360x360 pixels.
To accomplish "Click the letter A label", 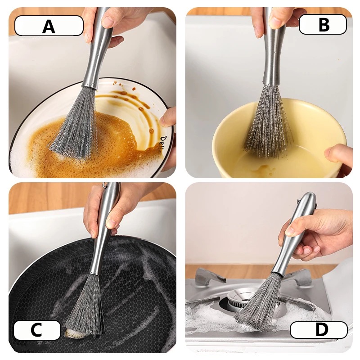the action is click(49, 26).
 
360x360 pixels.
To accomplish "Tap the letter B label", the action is click(323, 24).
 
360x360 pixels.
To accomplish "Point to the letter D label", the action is click(319, 330).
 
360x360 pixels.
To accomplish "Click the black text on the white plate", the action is click(163, 142).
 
